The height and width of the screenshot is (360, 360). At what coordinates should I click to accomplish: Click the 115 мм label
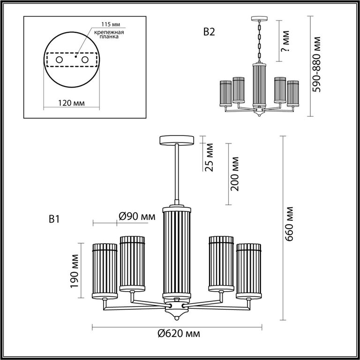[111, 24]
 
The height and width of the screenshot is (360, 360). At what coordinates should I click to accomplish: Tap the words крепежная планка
[109, 34]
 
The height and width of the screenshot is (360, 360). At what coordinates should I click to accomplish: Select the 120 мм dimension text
[71, 103]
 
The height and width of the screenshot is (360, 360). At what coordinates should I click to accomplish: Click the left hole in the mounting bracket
[59, 60]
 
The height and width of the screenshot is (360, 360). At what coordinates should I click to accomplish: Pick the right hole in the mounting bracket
[85, 60]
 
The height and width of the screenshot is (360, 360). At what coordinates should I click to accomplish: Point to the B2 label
[209, 32]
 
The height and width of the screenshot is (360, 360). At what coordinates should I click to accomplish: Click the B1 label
[54, 219]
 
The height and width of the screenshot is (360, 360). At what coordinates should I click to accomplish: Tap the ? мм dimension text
[285, 41]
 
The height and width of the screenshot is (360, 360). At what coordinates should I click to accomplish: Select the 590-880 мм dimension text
[317, 64]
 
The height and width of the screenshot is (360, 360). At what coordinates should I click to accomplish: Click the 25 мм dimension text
[210, 157]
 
